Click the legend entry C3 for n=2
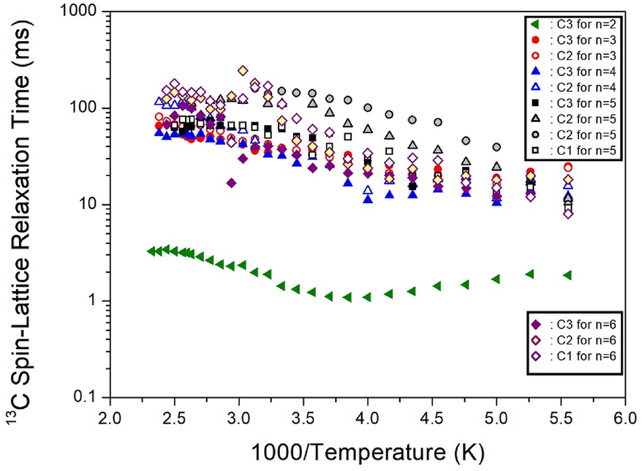point(578,23)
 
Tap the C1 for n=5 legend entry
point(578,150)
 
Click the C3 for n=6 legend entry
point(578,324)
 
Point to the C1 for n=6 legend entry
point(578,356)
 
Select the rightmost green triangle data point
point(567,275)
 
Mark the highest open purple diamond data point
point(243,71)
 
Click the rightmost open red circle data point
point(567,167)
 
